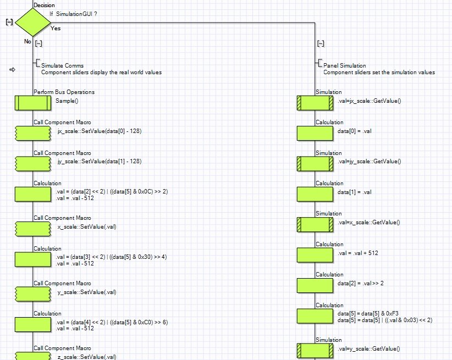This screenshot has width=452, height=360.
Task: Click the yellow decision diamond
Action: [32, 23]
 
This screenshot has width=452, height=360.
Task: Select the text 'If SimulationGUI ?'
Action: [73, 13]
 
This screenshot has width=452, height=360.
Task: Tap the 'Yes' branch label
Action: [56, 27]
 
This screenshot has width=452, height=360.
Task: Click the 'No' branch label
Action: [27, 41]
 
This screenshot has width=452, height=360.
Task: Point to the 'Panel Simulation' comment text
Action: [345, 65]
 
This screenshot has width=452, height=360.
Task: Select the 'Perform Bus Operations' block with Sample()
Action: [32, 103]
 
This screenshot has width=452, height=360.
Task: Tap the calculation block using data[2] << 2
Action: [32, 194]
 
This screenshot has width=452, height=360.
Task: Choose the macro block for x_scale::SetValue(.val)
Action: [32, 228]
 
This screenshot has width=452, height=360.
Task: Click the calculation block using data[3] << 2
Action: [32, 259]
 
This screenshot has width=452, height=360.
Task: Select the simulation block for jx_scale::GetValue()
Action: [315, 103]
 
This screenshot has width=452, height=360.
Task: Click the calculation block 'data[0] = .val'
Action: [315, 133]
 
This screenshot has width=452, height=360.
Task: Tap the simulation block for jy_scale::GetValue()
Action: [315, 163]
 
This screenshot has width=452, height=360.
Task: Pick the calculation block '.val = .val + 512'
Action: [315, 254]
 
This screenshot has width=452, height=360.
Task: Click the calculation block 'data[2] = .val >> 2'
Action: [315, 285]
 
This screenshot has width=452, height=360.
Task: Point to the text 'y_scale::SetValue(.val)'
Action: [87, 292]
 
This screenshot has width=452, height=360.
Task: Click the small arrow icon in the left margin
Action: [13, 69]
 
